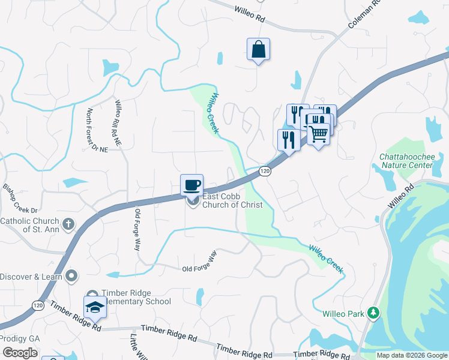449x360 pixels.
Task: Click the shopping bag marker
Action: (258, 49)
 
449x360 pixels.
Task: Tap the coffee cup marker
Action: (192, 185)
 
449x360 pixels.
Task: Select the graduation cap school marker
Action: (95, 307)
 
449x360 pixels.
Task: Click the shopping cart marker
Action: (319, 133)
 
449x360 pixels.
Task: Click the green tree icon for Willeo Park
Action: (373, 313)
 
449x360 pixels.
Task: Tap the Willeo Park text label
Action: (343, 313)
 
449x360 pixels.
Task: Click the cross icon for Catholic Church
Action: (68, 224)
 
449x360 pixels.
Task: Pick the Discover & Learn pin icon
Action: (72, 276)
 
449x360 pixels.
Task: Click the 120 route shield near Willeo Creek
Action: (264, 172)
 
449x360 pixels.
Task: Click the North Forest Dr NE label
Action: (92, 130)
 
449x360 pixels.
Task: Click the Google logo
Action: (20, 352)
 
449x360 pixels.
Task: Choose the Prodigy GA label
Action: (19, 338)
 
